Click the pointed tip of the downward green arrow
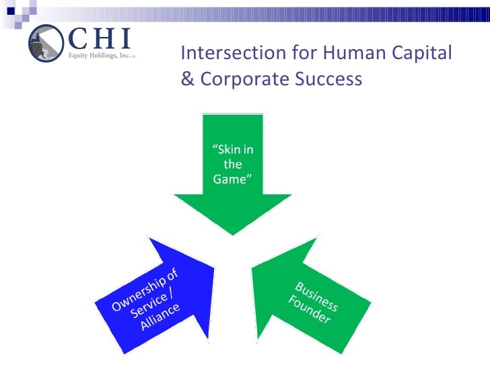[233, 235]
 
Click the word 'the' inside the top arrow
[232, 165]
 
